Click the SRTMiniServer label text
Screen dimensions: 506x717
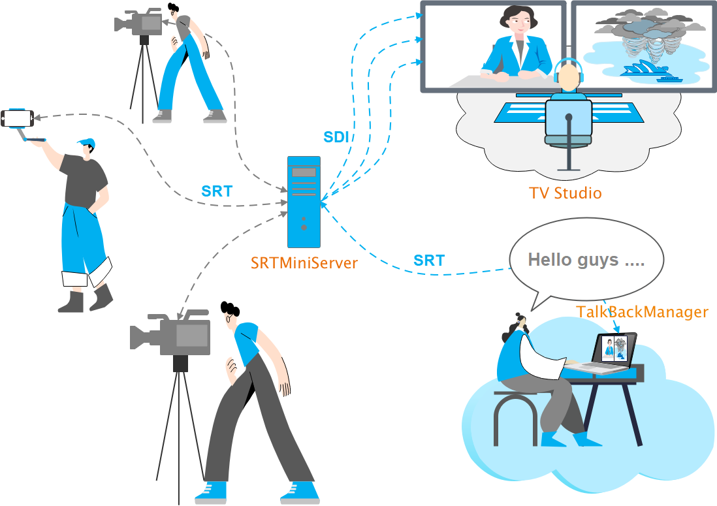[x=304, y=263]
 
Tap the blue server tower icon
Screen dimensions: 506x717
[x=304, y=202]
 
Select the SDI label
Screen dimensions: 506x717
[x=336, y=137]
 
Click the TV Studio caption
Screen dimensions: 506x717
[x=565, y=193]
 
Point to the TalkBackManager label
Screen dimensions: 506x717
[x=642, y=311]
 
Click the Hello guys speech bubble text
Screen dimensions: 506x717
[x=586, y=260]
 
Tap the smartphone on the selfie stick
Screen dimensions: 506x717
[x=18, y=119]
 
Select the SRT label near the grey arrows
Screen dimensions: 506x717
[x=217, y=191]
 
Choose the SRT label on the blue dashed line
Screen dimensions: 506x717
[x=429, y=261]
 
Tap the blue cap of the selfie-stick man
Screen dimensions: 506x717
[x=86, y=143]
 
